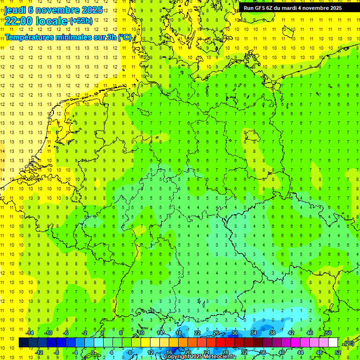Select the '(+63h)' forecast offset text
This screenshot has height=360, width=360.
pos(81,21)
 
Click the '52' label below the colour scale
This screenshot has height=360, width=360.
pos(337,352)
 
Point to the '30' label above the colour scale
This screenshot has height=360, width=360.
pos(234,333)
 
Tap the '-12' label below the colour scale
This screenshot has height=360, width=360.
pos(39,352)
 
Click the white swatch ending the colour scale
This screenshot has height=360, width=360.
pos(333,343)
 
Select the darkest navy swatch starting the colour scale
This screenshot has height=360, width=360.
pos(23,343)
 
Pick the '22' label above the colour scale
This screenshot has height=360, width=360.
pos(197,333)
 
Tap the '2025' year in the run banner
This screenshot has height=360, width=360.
pos(335,8)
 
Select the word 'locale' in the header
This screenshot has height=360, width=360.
pos(53,22)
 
